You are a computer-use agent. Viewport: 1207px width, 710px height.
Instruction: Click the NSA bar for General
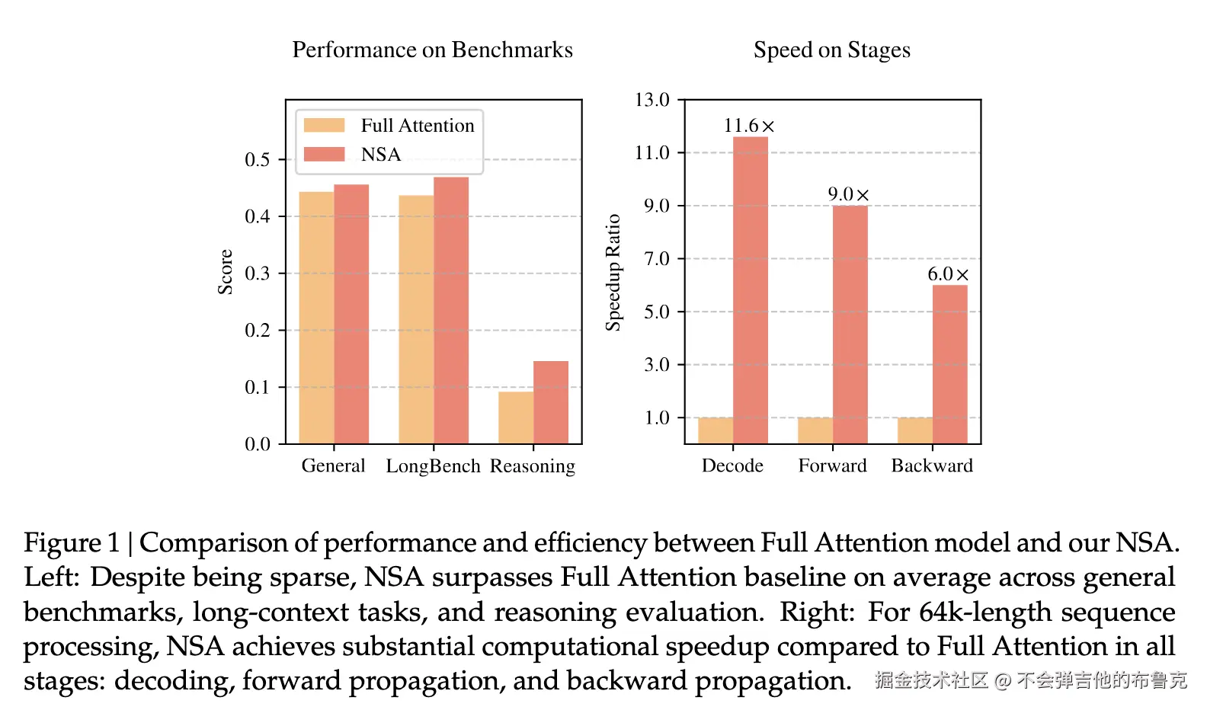click(351, 314)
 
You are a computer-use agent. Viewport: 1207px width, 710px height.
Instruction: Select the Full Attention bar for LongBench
click(416, 320)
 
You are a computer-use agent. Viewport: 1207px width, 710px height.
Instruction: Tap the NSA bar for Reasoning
click(551, 402)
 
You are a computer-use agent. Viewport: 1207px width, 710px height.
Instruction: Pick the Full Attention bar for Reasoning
click(516, 417)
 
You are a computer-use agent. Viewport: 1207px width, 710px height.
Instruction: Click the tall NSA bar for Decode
click(751, 289)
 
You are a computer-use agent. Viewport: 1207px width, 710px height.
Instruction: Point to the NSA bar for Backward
click(950, 364)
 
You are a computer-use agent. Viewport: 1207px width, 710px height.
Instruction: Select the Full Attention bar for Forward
click(815, 430)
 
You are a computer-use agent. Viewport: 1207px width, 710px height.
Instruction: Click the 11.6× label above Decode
click(748, 126)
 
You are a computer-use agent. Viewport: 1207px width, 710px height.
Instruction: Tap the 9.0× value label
click(848, 194)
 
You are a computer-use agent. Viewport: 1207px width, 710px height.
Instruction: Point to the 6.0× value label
click(948, 274)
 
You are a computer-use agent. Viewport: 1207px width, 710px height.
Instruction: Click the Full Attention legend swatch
click(324, 125)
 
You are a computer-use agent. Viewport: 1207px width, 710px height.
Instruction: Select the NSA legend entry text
click(381, 155)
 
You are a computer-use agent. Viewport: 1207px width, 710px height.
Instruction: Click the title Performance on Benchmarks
click(432, 50)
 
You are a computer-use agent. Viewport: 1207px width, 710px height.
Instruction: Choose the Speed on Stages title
click(831, 50)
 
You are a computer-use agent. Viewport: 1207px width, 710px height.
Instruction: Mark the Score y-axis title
click(225, 272)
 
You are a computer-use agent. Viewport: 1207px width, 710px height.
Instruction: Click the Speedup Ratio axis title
click(613, 272)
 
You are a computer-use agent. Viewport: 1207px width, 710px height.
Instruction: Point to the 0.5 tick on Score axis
click(258, 160)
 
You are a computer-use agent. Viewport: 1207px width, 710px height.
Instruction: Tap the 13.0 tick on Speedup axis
click(652, 100)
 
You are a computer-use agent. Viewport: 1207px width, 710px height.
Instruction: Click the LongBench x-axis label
click(433, 466)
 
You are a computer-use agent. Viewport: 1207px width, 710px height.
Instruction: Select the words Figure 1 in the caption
click(72, 543)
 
